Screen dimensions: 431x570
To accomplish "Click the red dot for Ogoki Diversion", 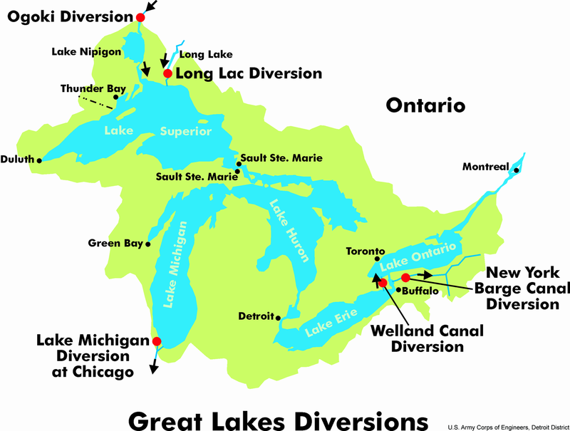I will [140, 17].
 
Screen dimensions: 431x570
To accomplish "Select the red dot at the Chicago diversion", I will [156, 341].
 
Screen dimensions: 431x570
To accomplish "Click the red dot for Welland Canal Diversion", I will [383, 283].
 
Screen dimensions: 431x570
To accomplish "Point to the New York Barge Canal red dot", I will [405, 277].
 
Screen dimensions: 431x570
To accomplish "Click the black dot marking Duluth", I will [39, 160].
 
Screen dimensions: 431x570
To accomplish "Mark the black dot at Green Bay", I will [148, 244].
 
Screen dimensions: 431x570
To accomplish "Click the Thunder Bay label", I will [93, 88].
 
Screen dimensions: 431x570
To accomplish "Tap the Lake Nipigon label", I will [83, 51].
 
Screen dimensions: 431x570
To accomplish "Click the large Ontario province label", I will [425, 105].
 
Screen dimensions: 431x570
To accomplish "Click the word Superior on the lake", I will [185, 132].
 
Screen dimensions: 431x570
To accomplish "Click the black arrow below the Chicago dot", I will [154, 365].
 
